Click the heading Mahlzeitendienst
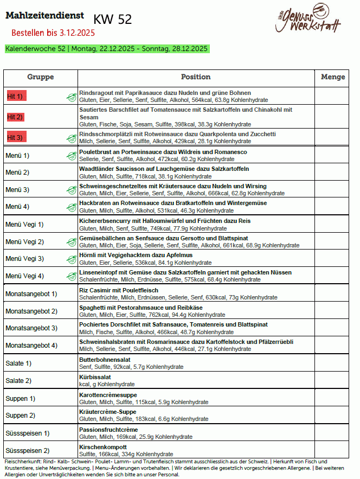(44, 16)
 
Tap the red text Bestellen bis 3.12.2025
(53, 33)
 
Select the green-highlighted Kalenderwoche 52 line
(107, 49)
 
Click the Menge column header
(333, 77)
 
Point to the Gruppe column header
(41, 77)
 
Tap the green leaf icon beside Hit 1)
(71, 97)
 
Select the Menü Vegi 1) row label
(24, 224)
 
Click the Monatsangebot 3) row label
(31, 328)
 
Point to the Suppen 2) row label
(21, 416)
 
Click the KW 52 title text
(113, 20)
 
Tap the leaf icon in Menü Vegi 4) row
(71, 276)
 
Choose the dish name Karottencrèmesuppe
(108, 394)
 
